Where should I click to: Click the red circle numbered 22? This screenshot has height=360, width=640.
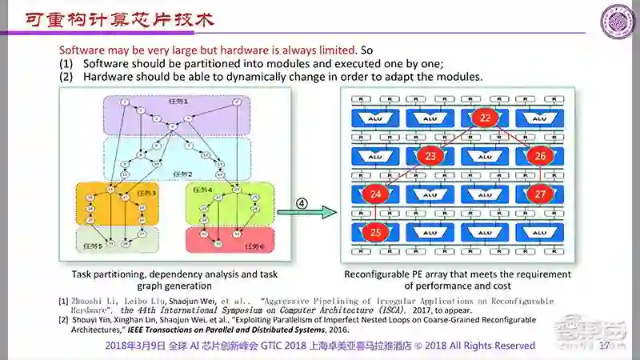(x=485, y=118)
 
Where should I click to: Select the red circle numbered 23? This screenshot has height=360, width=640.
(x=431, y=156)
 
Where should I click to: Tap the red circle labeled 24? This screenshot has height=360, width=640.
(x=376, y=194)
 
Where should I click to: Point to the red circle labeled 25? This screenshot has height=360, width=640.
(x=376, y=232)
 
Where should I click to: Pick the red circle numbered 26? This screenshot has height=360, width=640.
(x=540, y=156)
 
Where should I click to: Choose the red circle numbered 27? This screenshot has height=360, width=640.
(x=540, y=194)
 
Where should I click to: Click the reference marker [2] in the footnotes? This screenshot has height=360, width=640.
(x=63, y=318)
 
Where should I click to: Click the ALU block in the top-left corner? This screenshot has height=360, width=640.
(x=376, y=118)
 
